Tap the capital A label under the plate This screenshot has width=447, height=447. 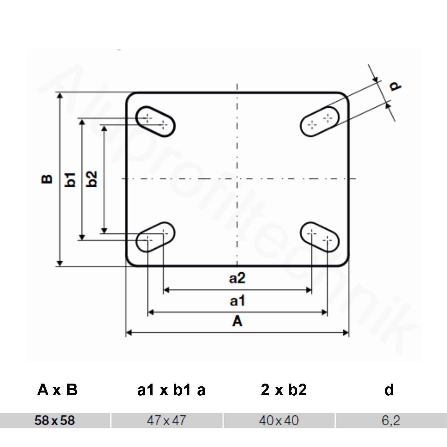(237, 321)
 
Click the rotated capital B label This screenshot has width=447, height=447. (47, 179)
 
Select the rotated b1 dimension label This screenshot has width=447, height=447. (70, 179)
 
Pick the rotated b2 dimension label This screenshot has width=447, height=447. (92, 179)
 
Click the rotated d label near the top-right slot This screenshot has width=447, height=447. (396, 86)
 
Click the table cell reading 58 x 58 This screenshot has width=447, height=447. (55, 420)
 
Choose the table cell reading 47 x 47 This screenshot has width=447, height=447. (167, 420)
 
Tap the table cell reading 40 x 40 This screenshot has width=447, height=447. (279, 420)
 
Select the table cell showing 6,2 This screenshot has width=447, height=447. (391, 420)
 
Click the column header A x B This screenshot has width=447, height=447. (57, 390)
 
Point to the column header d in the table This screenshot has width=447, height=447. (389, 390)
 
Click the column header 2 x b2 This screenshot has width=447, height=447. (284, 390)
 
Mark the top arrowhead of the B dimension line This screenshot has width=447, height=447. (60, 96)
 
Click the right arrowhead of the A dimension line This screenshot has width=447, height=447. (346, 333)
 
